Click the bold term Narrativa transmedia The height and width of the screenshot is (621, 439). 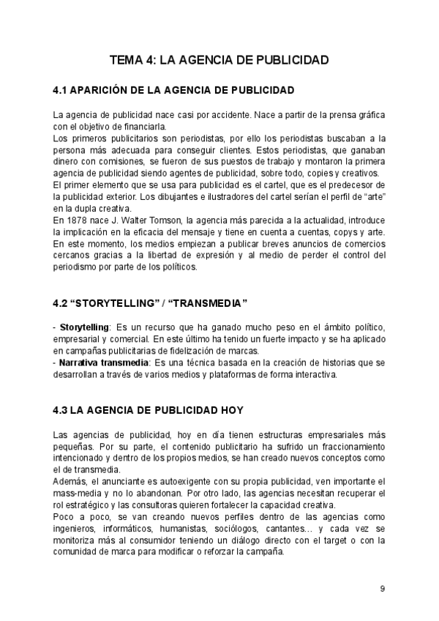pos(103,362)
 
